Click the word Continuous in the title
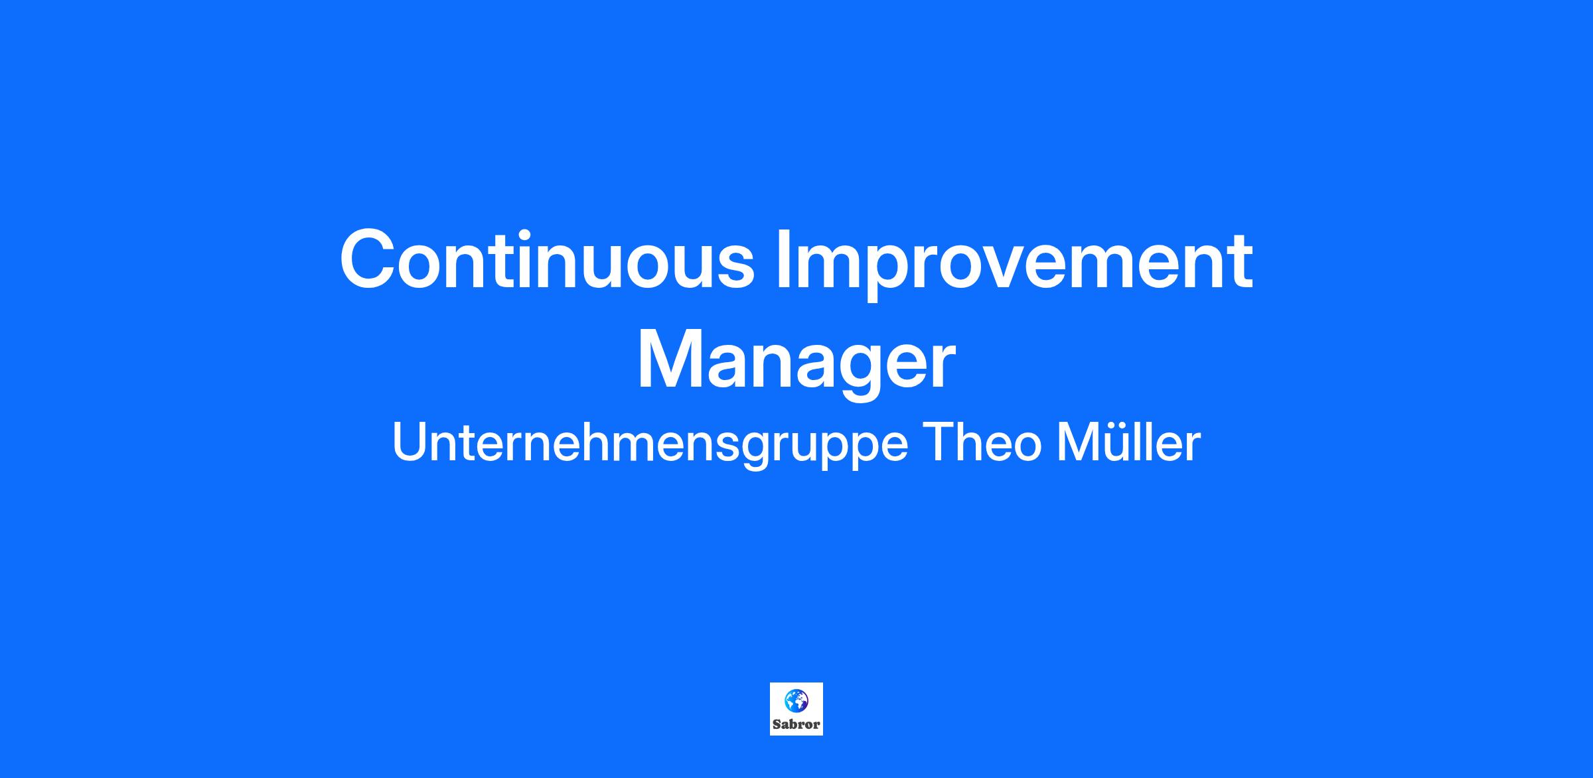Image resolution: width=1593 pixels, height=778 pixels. pyautogui.click(x=548, y=259)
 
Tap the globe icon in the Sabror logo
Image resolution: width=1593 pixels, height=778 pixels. pyautogui.click(x=796, y=699)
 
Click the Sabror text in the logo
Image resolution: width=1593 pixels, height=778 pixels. pyautogui.click(x=796, y=724)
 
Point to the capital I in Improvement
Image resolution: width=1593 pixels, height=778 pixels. pyautogui.click(x=785, y=259)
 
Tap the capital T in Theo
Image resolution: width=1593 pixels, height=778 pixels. pyautogui.click(x=939, y=442)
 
